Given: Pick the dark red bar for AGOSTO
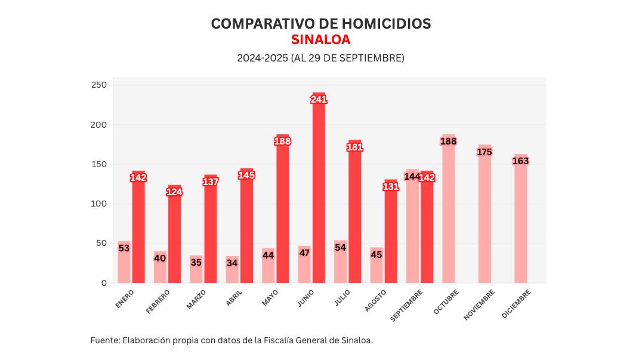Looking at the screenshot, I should pyautogui.click(x=391, y=239).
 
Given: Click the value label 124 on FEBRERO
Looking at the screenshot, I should pyautogui.click(x=174, y=192).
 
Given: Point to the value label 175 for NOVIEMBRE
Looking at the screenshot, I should pyautogui.click(x=484, y=152).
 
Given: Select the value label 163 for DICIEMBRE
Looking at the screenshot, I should pyautogui.click(x=520, y=161).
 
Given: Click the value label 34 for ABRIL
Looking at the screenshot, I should pyautogui.click(x=232, y=263).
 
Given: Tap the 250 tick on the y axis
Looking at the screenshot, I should pyautogui.click(x=99, y=85).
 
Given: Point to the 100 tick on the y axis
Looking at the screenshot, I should pyautogui.click(x=99, y=204).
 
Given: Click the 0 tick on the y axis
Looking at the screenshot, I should pyautogui.click(x=104, y=283).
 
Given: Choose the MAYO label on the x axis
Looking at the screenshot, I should pyautogui.click(x=270, y=298).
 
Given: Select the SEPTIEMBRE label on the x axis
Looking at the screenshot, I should pyautogui.click(x=407, y=305).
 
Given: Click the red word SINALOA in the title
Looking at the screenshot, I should pyautogui.click(x=320, y=40).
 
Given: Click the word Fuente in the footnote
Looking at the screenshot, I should pyautogui.click(x=104, y=340).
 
